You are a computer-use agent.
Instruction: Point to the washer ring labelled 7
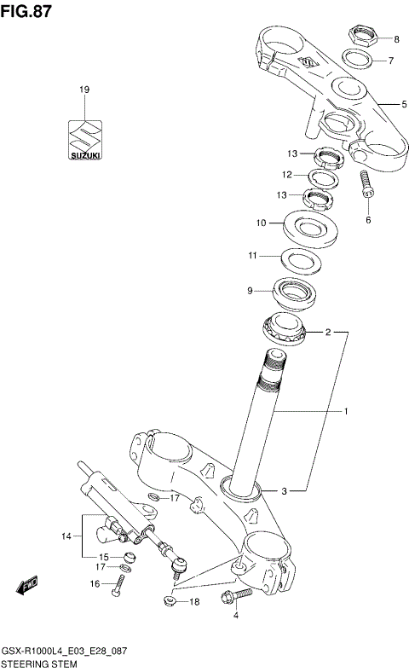[360, 61]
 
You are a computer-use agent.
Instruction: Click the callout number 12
[288, 175]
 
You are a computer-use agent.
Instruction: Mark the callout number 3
[285, 490]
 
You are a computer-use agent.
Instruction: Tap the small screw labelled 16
[122, 583]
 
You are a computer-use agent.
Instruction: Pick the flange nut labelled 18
[170, 602]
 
